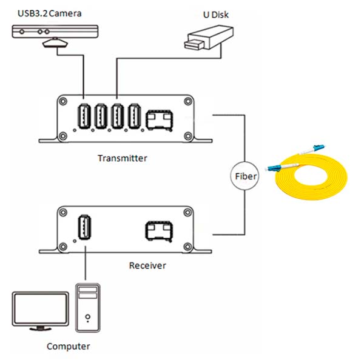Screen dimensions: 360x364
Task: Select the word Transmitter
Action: tap(122, 158)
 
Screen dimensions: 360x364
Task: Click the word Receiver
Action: tap(147, 265)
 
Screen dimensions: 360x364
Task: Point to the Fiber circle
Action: tap(245, 178)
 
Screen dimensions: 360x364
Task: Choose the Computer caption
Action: tap(68, 347)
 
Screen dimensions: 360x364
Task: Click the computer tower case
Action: tap(88, 309)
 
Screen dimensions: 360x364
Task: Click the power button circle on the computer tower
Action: tap(88, 316)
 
